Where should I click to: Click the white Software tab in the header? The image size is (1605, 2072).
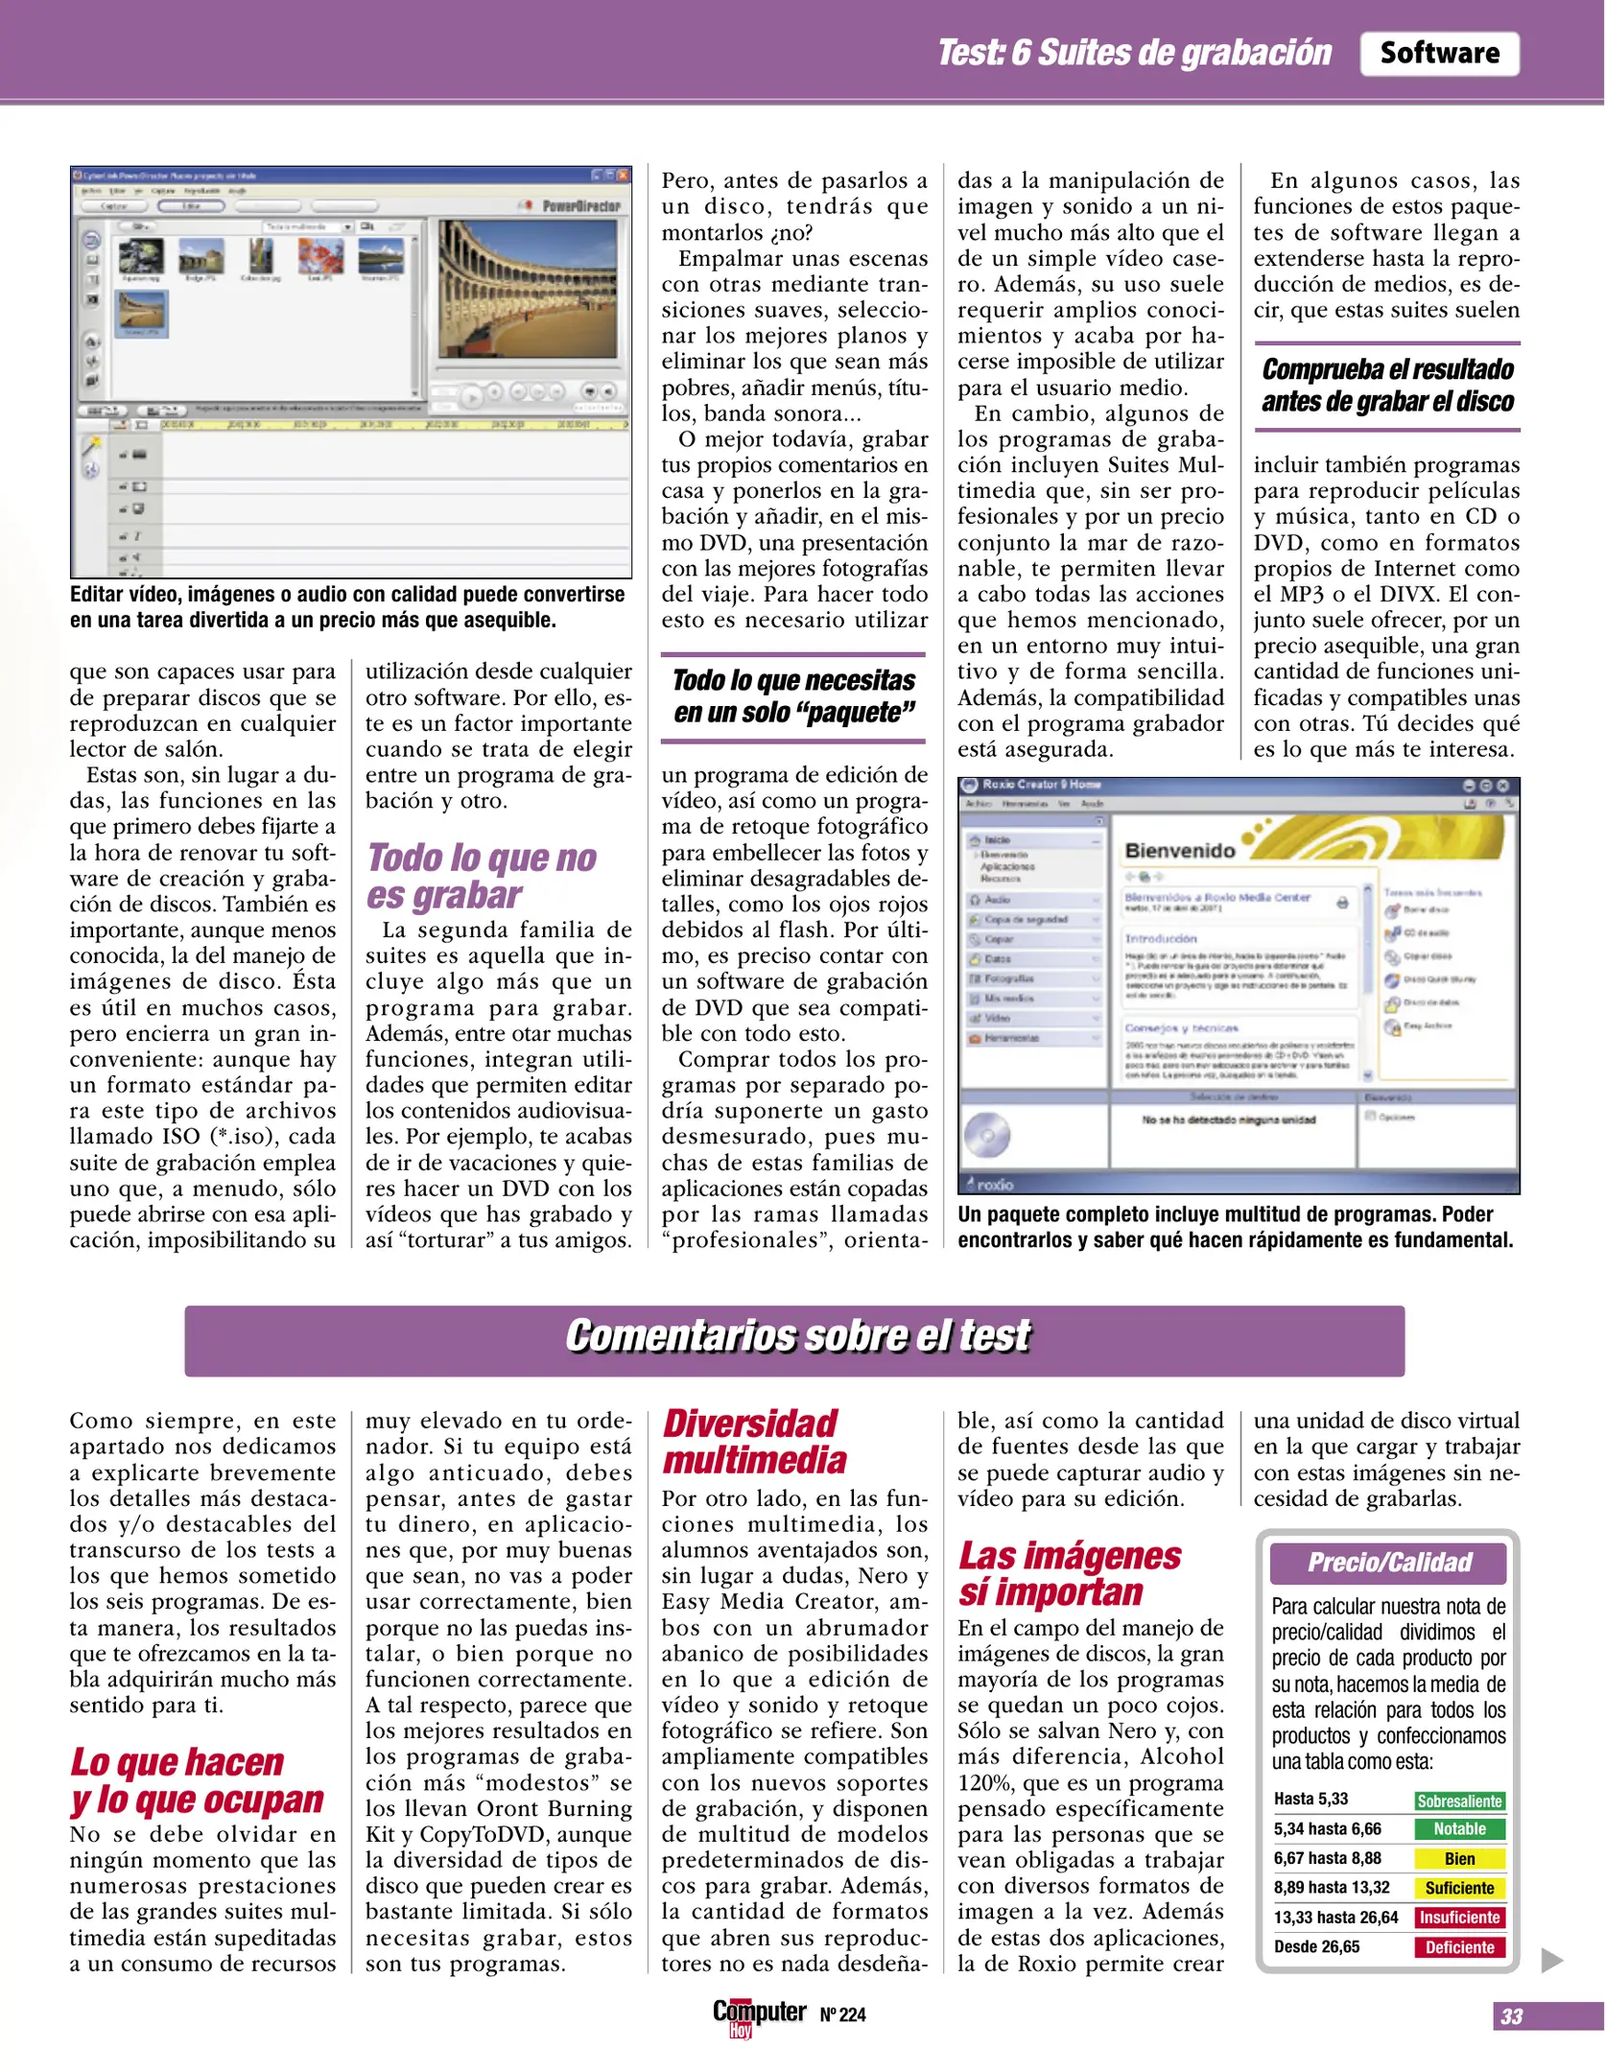pos(1438,54)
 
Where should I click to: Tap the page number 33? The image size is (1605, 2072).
pos(1511,2015)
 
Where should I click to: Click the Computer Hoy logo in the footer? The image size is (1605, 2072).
pos(758,2014)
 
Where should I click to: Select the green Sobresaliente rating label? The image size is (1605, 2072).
pos(1458,1801)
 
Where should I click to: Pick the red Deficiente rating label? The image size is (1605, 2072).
pos(1458,1946)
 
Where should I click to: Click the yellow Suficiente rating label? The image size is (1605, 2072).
pos(1458,1888)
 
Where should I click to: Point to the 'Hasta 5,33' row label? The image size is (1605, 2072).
pos(1310,1799)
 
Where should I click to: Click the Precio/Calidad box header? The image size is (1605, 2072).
pos(1388,1563)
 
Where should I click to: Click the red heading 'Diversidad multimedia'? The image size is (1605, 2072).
pos(754,1442)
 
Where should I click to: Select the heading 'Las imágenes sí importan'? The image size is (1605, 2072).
pos(1069,1573)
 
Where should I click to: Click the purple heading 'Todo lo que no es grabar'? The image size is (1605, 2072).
pos(482,876)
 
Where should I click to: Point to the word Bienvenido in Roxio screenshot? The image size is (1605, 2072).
pos(1179,851)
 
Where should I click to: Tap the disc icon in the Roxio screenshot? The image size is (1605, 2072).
pos(987,1136)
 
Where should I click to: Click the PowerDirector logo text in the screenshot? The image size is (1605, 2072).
pos(580,206)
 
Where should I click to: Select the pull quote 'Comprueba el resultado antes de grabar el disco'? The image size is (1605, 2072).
pos(1387,386)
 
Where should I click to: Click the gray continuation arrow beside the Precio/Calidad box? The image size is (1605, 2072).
pos(1551,1960)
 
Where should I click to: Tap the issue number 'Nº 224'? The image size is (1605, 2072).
pos(842,2014)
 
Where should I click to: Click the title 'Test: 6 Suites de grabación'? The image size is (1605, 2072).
pos(1134,54)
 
